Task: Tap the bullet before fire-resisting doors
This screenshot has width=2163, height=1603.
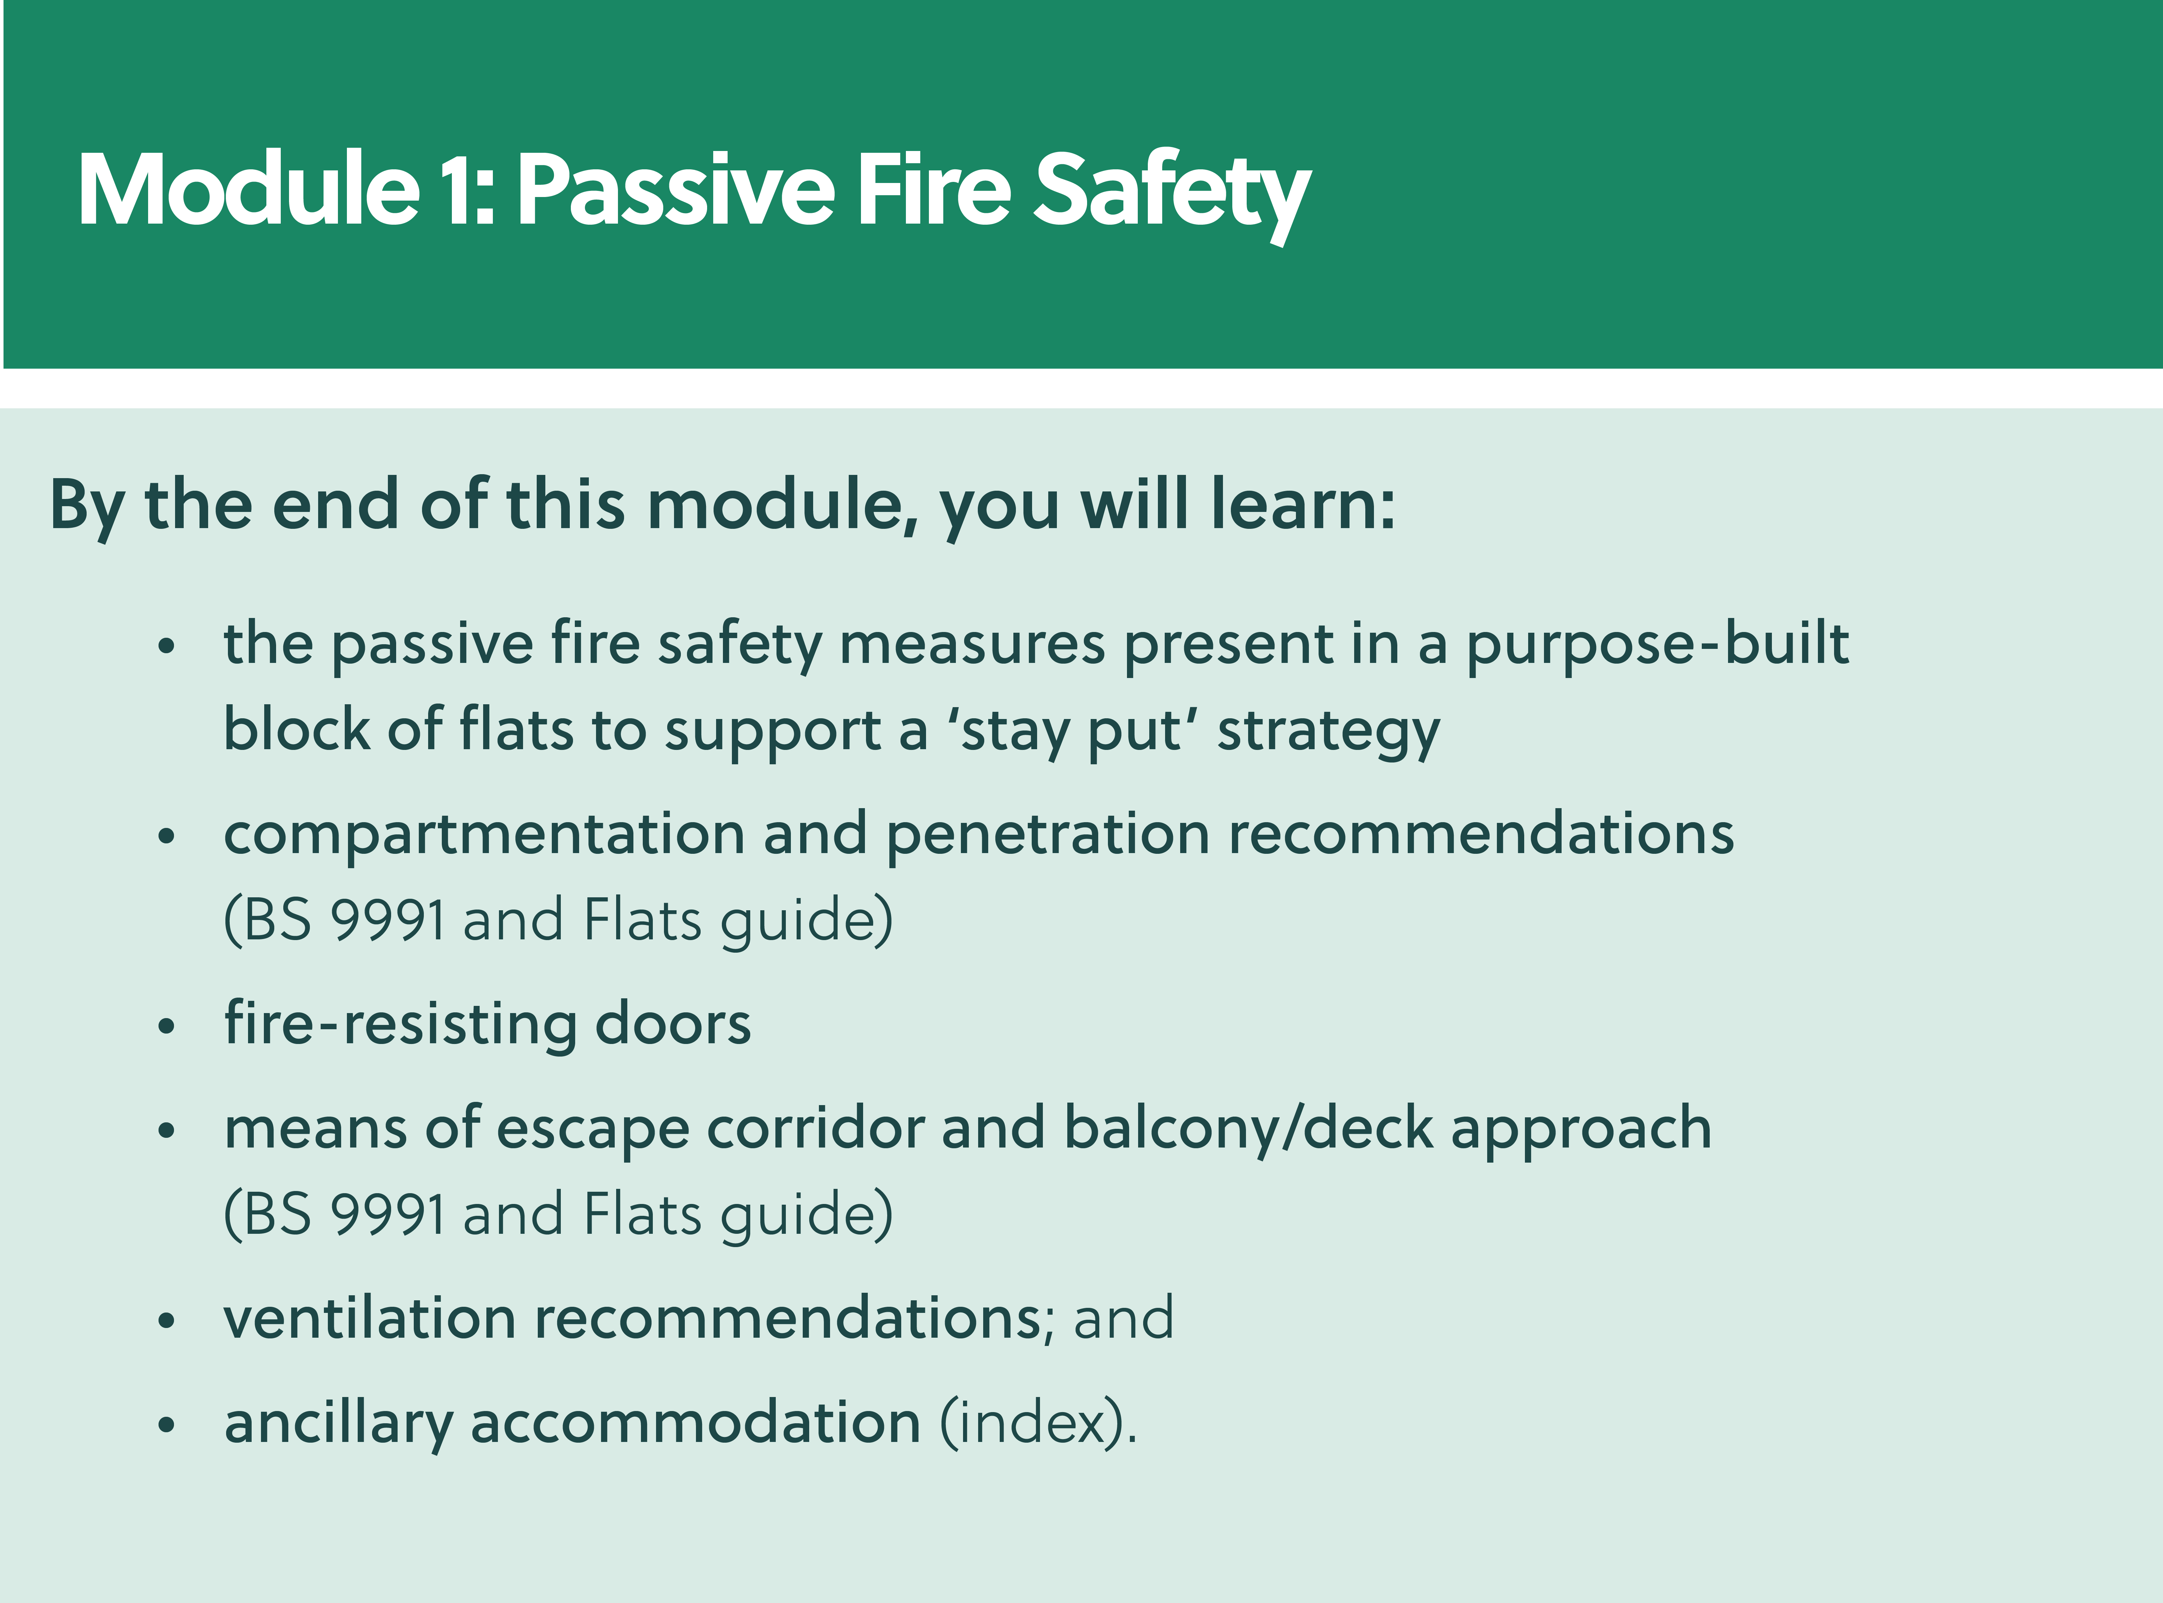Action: [x=167, y=1027]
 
